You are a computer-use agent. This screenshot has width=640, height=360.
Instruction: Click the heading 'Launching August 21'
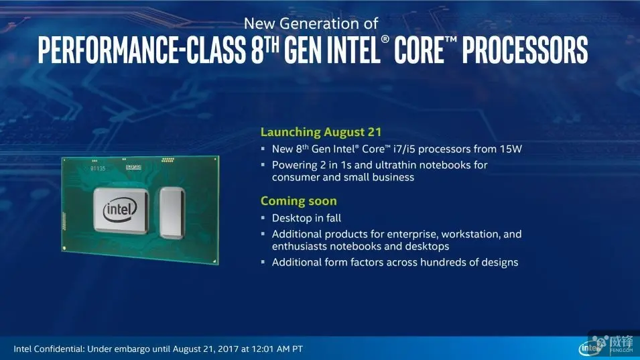[x=321, y=132]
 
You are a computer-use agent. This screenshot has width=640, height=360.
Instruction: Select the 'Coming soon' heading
[x=299, y=201]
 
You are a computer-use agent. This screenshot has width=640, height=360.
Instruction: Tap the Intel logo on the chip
[x=120, y=211]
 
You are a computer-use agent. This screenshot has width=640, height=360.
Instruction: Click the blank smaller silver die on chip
[x=172, y=213]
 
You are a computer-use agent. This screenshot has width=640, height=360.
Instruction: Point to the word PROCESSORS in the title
[x=525, y=50]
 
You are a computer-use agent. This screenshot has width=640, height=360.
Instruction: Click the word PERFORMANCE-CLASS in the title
[x=142, y=50]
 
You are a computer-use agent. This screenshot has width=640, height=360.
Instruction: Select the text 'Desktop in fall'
[x=306, y=218]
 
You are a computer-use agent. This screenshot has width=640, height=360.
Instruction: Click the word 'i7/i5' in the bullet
[x=404, y=149]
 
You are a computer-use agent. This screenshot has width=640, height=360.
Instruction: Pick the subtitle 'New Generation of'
[x=311, y=23]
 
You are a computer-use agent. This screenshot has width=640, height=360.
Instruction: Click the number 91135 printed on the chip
[x=98, y=168]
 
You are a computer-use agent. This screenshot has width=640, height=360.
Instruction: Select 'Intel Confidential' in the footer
[x=48, y=349]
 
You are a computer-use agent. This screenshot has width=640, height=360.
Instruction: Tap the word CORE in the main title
[x=420, y=50]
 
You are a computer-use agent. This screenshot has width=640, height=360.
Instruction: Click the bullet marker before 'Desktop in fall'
[x=263, y=218]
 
